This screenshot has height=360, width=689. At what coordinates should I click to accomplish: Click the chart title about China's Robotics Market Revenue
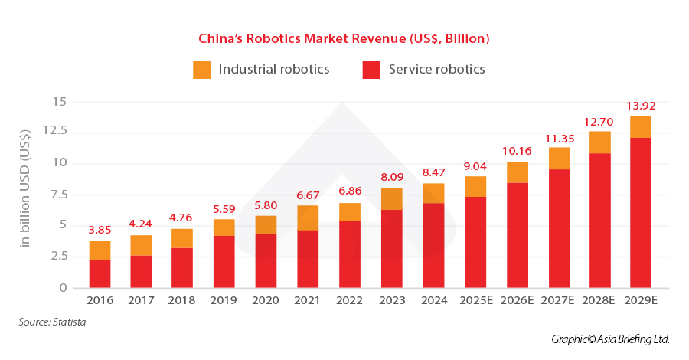[344, 38]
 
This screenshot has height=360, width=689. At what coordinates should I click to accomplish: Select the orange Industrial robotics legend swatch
[202, 70]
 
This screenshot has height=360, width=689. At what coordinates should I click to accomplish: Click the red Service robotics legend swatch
[371, 70]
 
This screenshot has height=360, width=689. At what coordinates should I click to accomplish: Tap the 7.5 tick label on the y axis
[59, 195]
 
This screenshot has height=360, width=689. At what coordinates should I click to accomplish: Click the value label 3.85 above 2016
[100, 229]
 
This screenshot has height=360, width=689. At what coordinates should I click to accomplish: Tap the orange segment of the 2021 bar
[307, 218]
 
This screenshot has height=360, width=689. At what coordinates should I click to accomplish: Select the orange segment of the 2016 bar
[100, 250]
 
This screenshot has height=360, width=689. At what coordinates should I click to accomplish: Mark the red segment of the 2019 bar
[224, 262]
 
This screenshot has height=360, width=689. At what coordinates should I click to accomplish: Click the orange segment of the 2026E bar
[518, 172]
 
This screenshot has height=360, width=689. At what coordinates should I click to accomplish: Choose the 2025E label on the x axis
[475, 300]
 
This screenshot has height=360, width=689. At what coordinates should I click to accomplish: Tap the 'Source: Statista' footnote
[52, 322]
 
